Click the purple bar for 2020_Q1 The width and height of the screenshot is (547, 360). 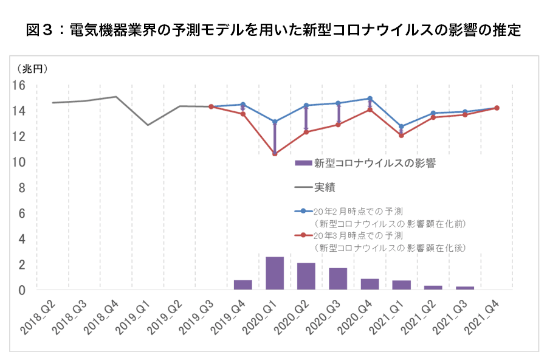pos(275,273)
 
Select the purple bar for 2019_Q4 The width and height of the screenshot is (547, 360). pos(243,285)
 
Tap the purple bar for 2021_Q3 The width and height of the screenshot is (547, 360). pos(465,288)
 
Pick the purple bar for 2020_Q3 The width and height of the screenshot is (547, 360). pos(338,279)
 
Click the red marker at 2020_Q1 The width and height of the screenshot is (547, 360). pos(275,154)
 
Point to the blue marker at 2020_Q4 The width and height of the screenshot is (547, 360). pos(370,99)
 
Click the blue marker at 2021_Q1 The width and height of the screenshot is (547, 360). pos(401,126)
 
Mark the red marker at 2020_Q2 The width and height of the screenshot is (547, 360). pos(306,132)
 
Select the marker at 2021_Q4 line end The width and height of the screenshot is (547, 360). pos(497,108)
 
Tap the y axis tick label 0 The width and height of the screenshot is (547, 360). pos(22,291)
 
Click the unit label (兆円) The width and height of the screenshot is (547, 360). pos(32,68)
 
